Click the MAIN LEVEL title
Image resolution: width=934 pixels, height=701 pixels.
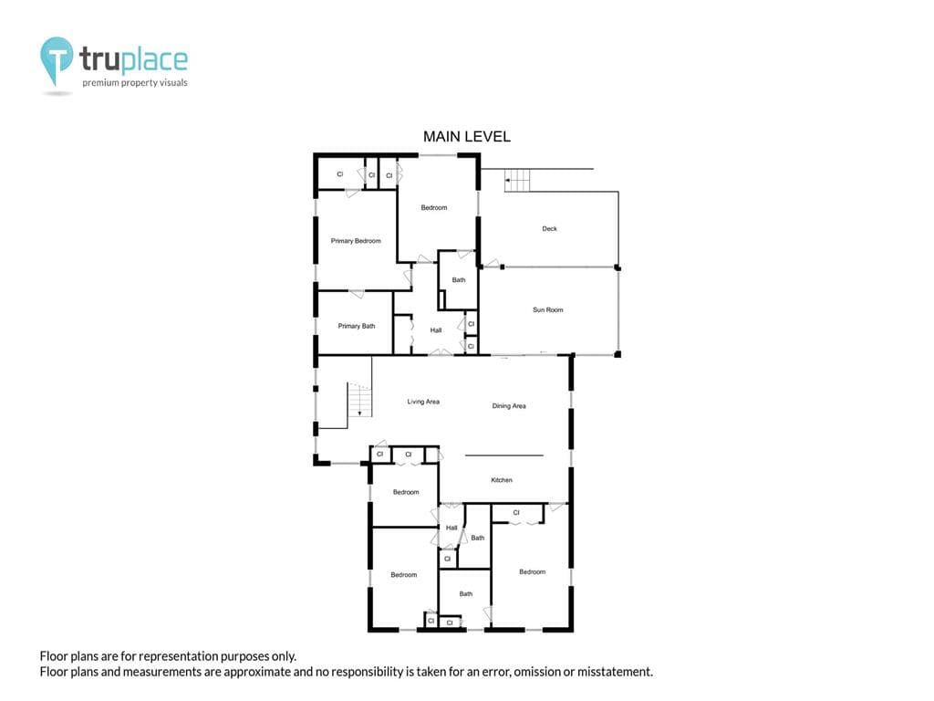click(x=466, y=137)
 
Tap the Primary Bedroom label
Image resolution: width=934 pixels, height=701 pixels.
click(x=356, y=241)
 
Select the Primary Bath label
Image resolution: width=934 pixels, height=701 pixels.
click(x=357, y=326)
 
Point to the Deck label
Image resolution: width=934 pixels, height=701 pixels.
click(x=549, y=228)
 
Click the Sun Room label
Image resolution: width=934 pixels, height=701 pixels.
click(x=547, y=310)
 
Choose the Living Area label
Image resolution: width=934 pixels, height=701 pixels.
click(x=423, y=402)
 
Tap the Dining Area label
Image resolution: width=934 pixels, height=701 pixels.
click(x=509, y=406)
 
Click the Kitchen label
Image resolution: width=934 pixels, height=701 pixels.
click(x=502, y=480)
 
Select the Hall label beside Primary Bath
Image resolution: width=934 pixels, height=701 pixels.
click(x=435, y=330)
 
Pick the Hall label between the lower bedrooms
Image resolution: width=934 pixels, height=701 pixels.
click(x=451, y=528)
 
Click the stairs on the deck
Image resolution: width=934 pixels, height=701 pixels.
click(x=517, y=180)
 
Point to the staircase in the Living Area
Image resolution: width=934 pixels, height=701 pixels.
click(x=359, y=400)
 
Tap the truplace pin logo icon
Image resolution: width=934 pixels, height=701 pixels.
click(x=57, y=60)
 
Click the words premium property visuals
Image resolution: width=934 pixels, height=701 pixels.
click(x=135, y=82)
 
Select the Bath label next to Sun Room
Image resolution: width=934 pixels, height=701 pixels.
click(x=458, y=279)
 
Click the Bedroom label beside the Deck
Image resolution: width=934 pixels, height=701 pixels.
click(x=433, y=207)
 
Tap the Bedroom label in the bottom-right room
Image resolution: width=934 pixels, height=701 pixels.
click(x=532, y=571)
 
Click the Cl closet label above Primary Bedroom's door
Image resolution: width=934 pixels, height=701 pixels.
click(x=340, y=174)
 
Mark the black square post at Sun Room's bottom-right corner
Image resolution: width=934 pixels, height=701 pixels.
click(x=617, y=355)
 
